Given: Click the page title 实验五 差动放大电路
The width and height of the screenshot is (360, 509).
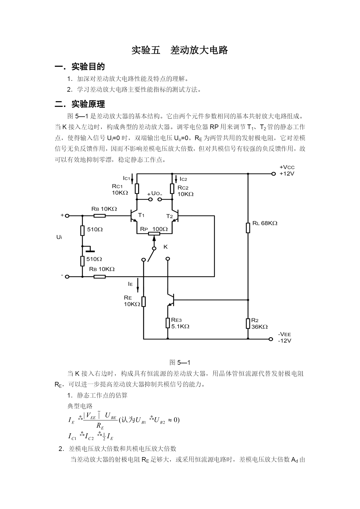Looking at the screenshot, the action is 180,50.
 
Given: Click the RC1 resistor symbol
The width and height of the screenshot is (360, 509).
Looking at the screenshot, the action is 137,189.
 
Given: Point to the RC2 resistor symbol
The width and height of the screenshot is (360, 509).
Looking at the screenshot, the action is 172,189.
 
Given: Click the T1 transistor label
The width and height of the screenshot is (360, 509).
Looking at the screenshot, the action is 141,215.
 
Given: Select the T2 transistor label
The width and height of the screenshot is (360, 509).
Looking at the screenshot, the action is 169,216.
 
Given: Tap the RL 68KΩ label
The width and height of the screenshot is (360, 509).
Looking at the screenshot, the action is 265,223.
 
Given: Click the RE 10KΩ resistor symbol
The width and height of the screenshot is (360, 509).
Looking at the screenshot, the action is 143,302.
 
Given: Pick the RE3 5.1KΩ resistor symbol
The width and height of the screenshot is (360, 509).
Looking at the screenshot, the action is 168,323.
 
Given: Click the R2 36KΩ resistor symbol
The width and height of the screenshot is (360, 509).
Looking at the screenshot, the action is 248,323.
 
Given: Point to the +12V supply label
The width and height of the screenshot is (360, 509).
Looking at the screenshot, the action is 287,174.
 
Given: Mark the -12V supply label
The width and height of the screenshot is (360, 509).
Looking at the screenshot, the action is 285,341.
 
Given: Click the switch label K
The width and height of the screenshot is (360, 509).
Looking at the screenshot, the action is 165,247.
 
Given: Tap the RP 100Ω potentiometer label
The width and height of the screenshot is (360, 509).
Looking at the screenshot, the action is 154,229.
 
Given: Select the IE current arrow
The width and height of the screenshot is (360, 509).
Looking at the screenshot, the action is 138,285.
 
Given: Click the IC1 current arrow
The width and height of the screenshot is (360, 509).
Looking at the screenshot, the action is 132,179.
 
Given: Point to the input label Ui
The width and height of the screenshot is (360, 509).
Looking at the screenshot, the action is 59,237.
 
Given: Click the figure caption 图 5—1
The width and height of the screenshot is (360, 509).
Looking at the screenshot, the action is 180,362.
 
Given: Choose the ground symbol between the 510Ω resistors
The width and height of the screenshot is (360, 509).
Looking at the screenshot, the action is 88,249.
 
